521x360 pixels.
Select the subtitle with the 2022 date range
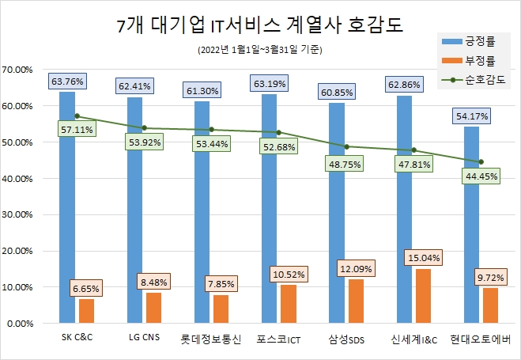(x=260, y=50)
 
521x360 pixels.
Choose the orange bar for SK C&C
(x=87, y=311)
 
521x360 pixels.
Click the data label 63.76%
(x=66, y=81)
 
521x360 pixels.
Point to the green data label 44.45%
(x=481, y=177)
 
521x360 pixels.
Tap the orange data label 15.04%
(x=424, y=258)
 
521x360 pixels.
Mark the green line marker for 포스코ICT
(x=279, y=132)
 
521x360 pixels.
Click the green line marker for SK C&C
(x=77, y=116)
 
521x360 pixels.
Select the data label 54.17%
(x=471, y=116)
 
